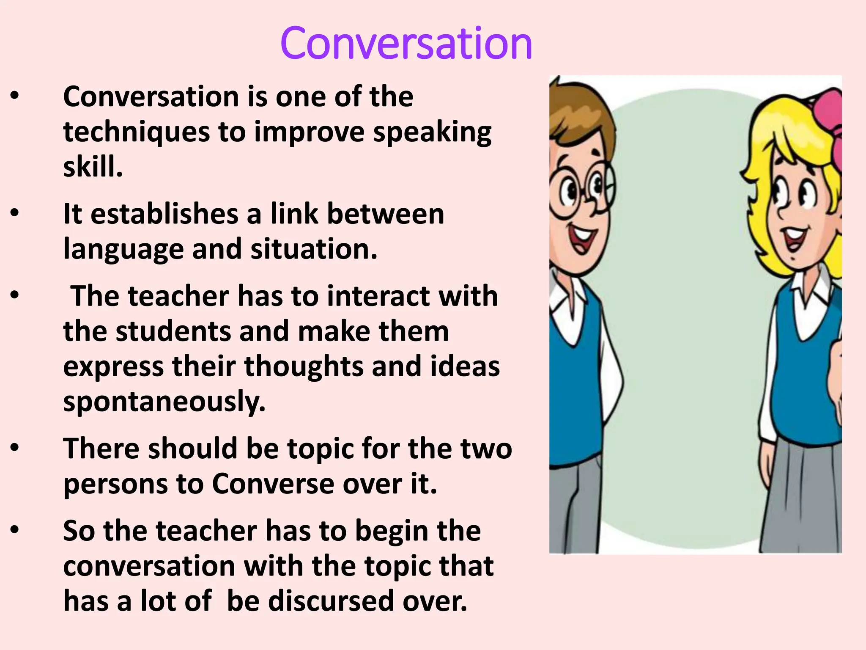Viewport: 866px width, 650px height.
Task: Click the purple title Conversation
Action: [x=406, y=43]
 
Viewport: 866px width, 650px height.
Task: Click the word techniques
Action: [x=136, y=132]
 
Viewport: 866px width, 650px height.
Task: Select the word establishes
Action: [x=164, y=214]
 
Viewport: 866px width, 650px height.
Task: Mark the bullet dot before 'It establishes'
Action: [x=15, y=214]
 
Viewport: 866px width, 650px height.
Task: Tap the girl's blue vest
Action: [x=803, y=381]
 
